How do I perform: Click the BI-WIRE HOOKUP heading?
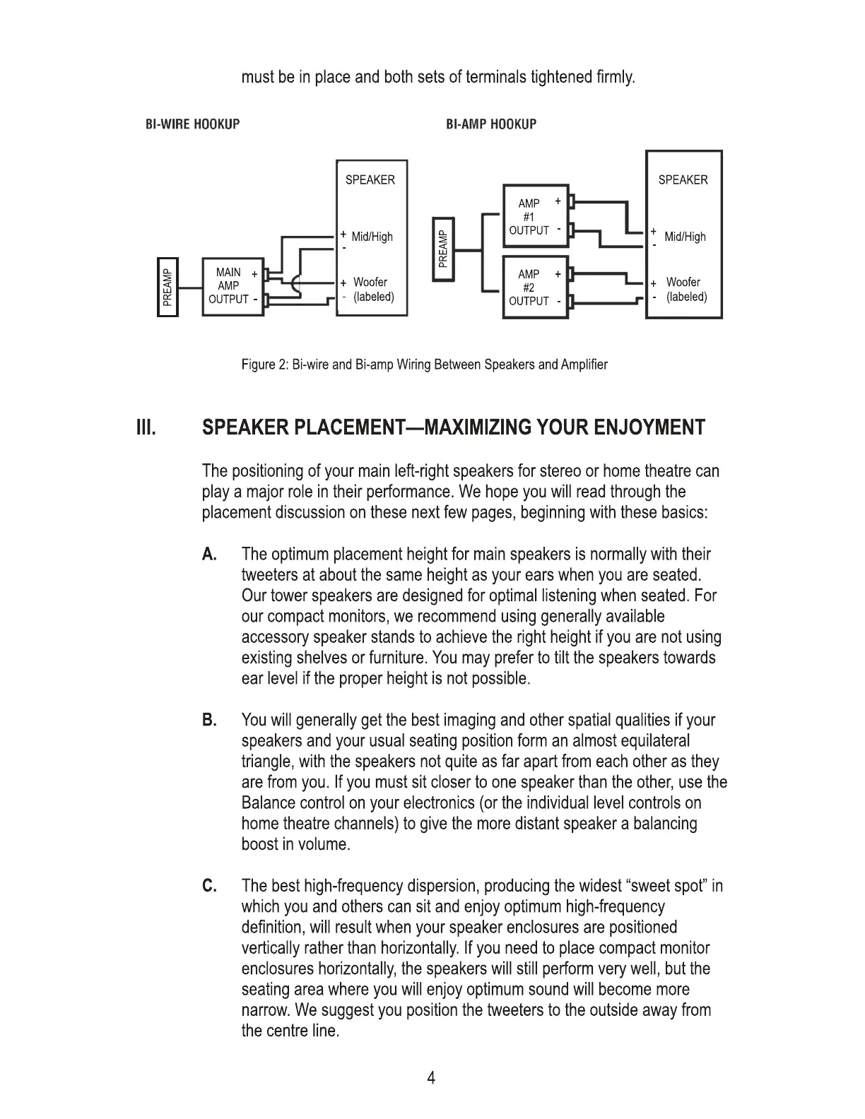(x=192, y=124)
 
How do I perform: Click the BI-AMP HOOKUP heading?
(x=491, y=124)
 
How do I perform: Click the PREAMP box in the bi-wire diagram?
(x=167, y=287)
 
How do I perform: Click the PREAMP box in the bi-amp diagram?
(x=443, y=248)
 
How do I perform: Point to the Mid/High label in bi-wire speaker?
(x=372, y=237)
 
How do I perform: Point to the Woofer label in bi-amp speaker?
(x=683, y=282)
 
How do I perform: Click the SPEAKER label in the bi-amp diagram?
(x=683, y=180)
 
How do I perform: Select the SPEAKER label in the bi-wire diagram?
(x=370, y=180)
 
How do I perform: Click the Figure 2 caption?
(x=424, y=365)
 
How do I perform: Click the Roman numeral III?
(x=146, y=428)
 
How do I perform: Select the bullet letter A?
(x=209, y=555)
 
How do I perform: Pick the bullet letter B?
(x=209, y=721)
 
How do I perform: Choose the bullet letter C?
(x=209, y=886)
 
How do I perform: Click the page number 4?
(x=432, y=1078)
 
